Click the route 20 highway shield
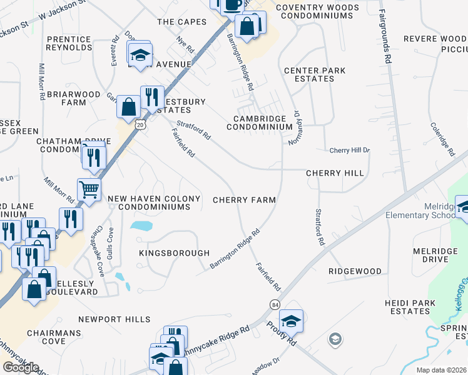click(140, 125)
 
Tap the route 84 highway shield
click(275, 304)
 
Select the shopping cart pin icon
click(89, 188)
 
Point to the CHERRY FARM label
click(244, 200)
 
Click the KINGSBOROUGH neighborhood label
click(174, 253)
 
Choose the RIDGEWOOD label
click(355, 271)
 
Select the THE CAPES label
click(181, 22)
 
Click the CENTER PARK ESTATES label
click(314, 75)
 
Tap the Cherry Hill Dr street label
click(350, 151)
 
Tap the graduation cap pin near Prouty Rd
click(291, 321)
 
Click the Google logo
click(21, 367)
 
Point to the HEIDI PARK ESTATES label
click(409, 307)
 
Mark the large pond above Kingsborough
click(142, 225)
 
